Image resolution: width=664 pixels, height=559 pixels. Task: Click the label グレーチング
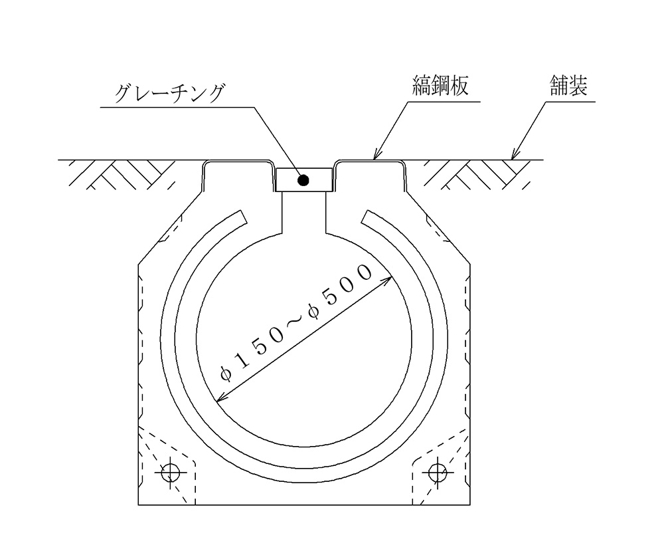(x=169, y=94)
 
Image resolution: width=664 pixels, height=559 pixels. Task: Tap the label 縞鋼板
(x=440, y=86)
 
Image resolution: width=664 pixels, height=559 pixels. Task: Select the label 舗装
(x=569, y=86)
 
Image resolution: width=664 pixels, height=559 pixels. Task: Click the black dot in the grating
(x=303, y=181)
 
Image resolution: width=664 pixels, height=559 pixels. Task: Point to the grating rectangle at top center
(x=303, y=180)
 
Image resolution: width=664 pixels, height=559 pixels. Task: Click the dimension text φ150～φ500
(x=295, y=323)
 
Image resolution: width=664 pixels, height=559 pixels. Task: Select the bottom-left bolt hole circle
(x=171, y=472)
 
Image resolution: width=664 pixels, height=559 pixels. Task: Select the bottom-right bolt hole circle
(x=438, y=472)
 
